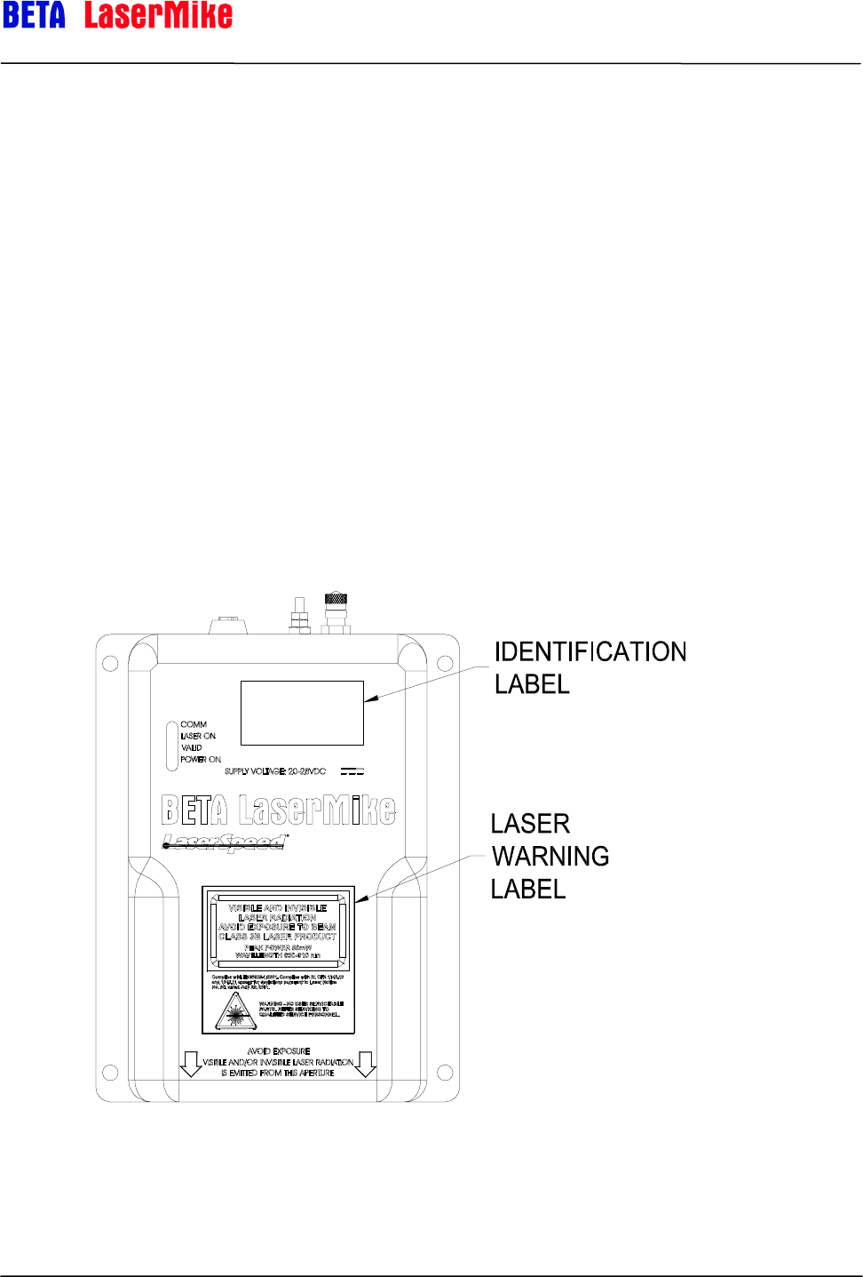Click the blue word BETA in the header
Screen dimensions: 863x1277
34,15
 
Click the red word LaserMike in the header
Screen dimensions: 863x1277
158,15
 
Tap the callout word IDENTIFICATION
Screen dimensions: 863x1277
590,652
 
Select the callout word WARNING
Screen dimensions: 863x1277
550,857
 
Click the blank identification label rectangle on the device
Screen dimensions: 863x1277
302,713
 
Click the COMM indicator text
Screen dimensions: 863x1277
194,725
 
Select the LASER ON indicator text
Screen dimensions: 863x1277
198,737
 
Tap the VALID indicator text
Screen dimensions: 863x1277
192,748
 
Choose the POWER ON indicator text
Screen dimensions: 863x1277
201,760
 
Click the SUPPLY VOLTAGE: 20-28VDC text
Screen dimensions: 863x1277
275,771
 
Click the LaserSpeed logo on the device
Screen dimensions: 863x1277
224,841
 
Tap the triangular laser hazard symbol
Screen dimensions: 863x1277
234,1011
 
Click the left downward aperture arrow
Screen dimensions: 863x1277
191,1064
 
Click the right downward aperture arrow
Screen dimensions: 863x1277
366,1064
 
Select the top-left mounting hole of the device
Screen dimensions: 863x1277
111,663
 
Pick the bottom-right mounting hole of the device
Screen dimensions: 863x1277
445,1073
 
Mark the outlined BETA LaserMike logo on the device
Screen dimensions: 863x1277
279,810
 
